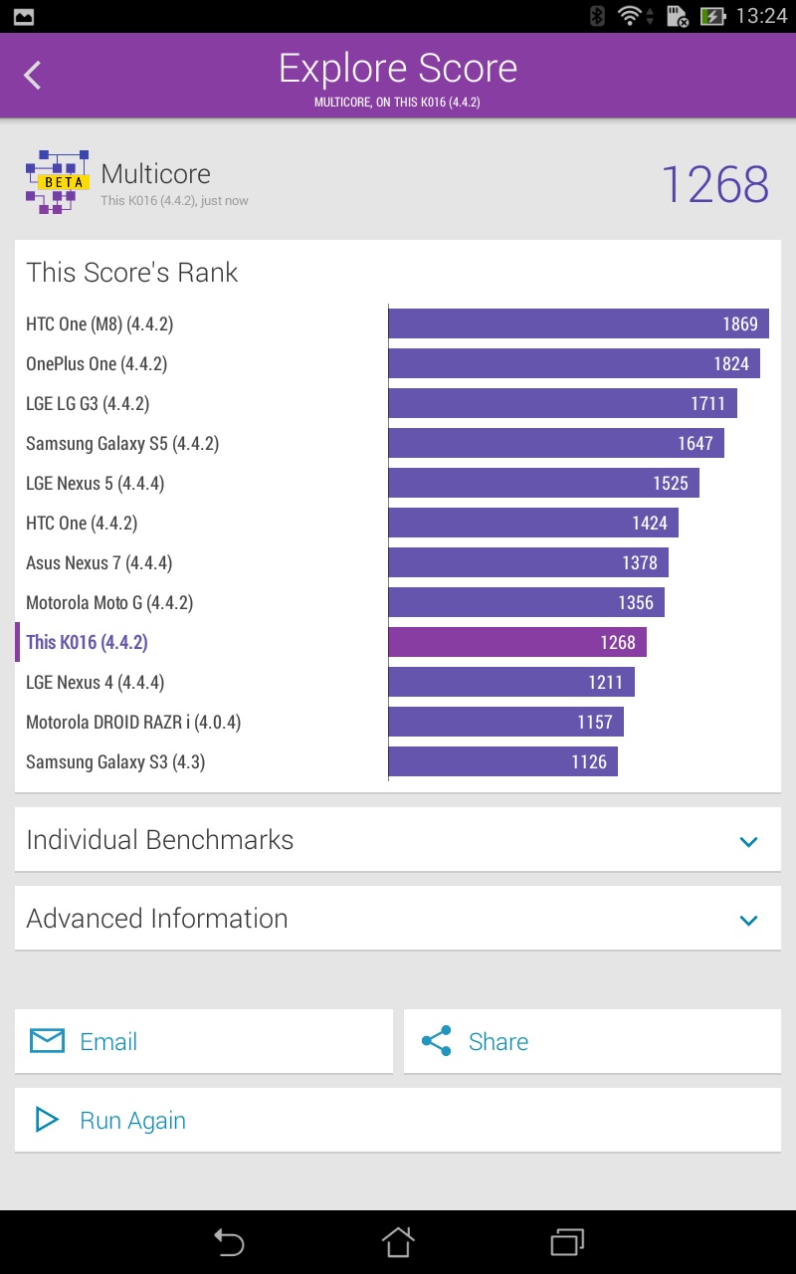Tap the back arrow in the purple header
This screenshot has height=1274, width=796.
(x=33, y=76)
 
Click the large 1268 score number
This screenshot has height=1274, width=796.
(x=714, y=185)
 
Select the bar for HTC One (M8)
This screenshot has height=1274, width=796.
(x=578, y=323)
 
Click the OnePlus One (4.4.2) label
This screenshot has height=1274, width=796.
(x=97, y=364)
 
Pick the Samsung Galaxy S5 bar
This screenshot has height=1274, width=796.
(x=556, y=443)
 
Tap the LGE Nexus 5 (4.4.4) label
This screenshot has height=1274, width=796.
(x=95, y=484)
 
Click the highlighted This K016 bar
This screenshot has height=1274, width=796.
(x=517, y=642)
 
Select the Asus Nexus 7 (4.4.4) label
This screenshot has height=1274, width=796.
(x=99, y=563)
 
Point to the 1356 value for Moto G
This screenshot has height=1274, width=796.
(x=636, y=603)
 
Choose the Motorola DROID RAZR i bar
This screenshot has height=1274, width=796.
(x=505, y=722)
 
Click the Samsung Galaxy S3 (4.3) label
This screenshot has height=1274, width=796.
(x=115, y=762)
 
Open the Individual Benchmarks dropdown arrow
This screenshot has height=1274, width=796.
(x=749, y=841)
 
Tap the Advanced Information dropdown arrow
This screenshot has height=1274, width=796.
(x=749, y=920)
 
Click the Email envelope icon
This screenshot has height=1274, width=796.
(x=47, y=1041)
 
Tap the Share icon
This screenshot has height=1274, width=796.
(x=436, y=1041)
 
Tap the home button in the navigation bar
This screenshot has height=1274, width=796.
(x=398, y=1241)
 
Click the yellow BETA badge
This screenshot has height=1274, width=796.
(x=64, y=182)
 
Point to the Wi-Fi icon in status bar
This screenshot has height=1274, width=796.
(x=629, y=16)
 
